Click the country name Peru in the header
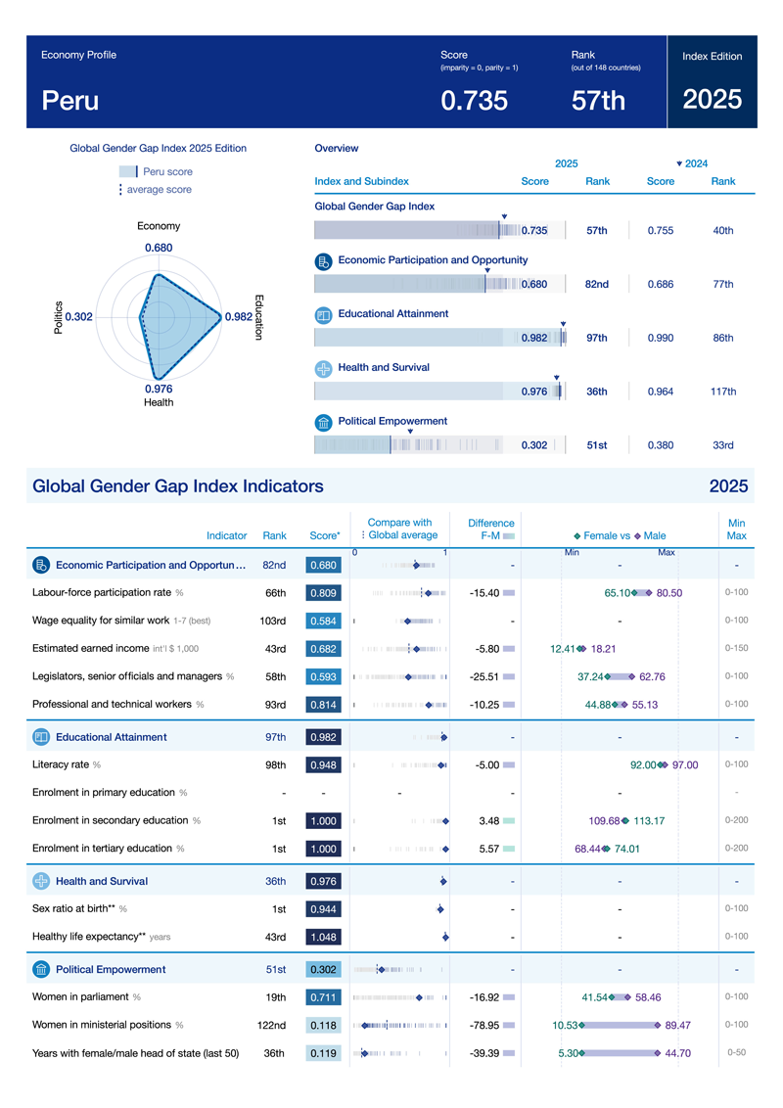pos(69,100)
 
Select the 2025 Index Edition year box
pos(712,99)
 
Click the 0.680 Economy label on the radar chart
pos(159,248)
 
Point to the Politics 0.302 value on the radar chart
pos(78,316)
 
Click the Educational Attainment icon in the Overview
pos(324,315)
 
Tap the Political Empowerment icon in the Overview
pos(324,423)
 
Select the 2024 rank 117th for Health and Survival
pos(723,392)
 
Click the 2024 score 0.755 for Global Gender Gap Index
pos(661,231)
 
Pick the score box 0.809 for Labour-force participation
pos(323,593)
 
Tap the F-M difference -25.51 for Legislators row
pos(484,676)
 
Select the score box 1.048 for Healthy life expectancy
pos(323,937)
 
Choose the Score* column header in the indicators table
pos(324,535)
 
